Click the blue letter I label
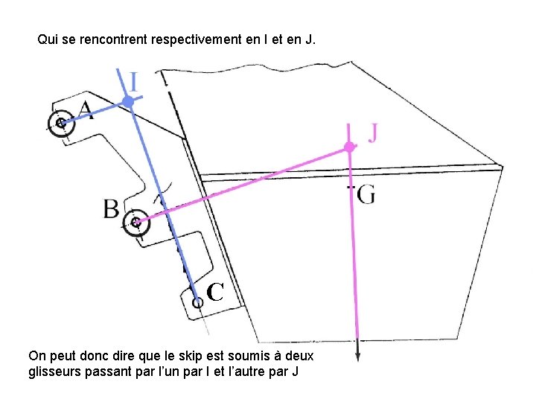(133, 81)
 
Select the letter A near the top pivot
(86, 111)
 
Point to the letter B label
(111, 209)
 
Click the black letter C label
(215, 292)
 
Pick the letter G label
(366, 195)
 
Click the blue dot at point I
(128, 100)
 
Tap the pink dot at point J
(348, 147)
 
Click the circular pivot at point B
(135, 222)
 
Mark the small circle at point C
(197, 302)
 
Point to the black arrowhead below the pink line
(358, 356)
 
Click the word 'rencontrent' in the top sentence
(112, 39)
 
